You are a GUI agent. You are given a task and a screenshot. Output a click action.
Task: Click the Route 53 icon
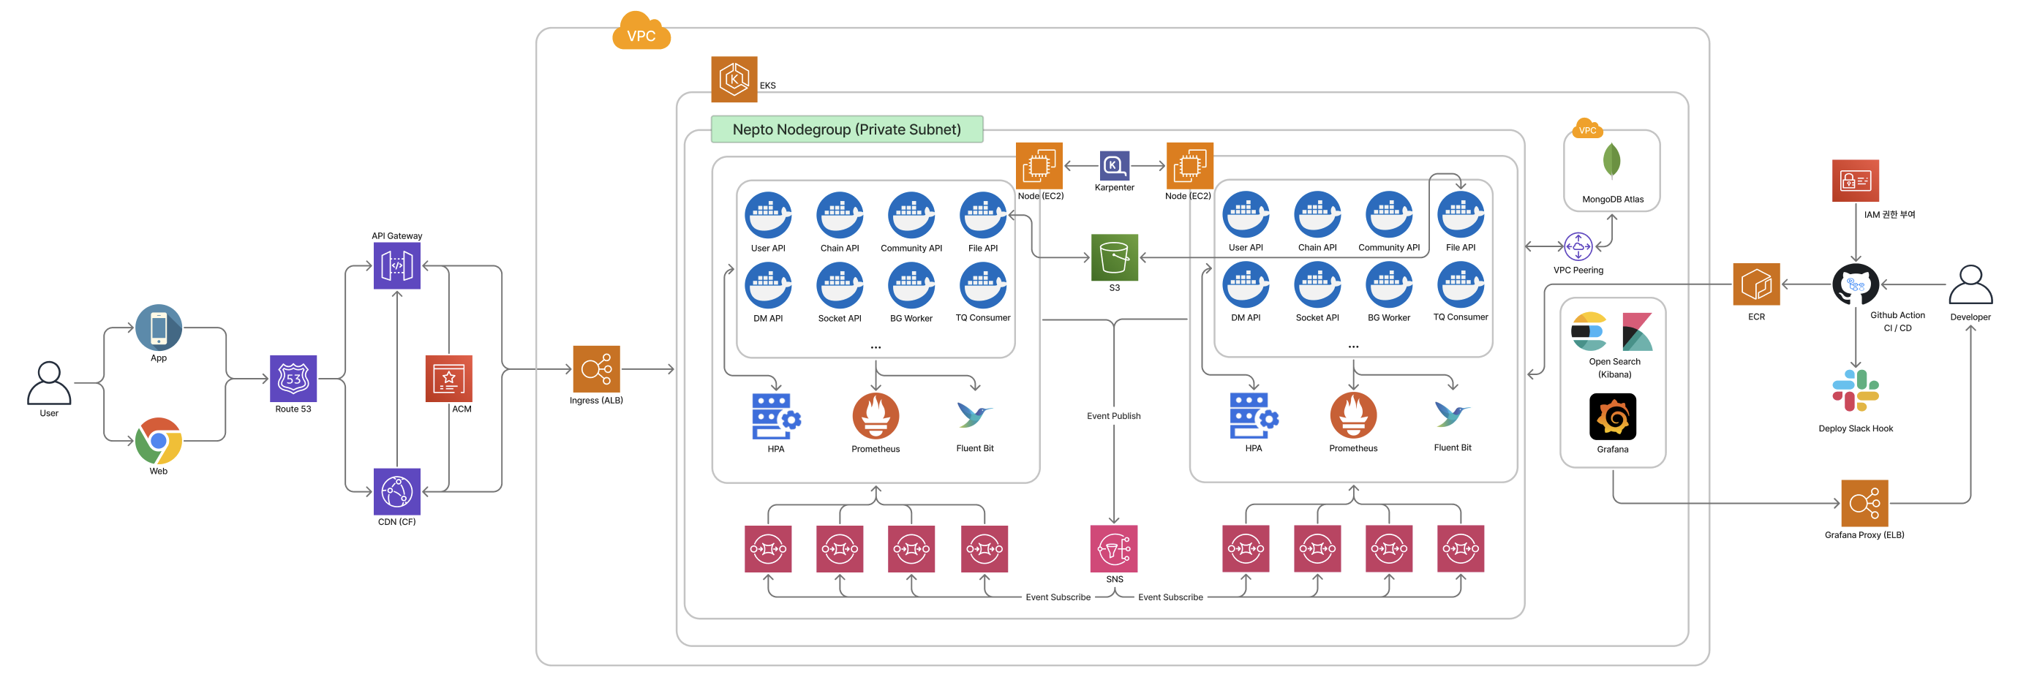click(293, 378)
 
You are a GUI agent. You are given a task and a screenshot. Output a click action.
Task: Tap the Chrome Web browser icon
click(158, 441)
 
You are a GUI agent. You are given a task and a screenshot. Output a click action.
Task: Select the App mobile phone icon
click(158, 328)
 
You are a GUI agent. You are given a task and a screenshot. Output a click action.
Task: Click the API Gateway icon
click(396, 265)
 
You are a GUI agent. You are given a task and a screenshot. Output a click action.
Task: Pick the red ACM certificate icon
click(448, 378)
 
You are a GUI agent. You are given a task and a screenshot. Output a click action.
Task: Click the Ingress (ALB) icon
click(596, 368)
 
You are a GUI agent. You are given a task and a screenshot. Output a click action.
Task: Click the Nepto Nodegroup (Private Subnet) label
click(846, 129)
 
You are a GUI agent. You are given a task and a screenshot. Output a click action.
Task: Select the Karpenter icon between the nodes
click(1114, 166)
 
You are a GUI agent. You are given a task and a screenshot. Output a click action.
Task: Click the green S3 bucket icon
click(1114, 257)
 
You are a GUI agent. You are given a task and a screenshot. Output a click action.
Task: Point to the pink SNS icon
click(1114, 548)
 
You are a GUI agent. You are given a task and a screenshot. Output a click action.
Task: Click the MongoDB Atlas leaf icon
click(1611, 161)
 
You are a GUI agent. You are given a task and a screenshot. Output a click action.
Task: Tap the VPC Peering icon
click(1578, 246)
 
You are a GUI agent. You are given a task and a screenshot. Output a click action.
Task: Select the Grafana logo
click(1612, 417)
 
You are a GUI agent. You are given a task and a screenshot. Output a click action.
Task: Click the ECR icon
click(1755, 284)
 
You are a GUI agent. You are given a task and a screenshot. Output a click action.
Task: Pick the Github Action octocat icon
click(1855, 284)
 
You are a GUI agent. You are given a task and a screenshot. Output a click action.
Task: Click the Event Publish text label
click(1113, 416)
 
